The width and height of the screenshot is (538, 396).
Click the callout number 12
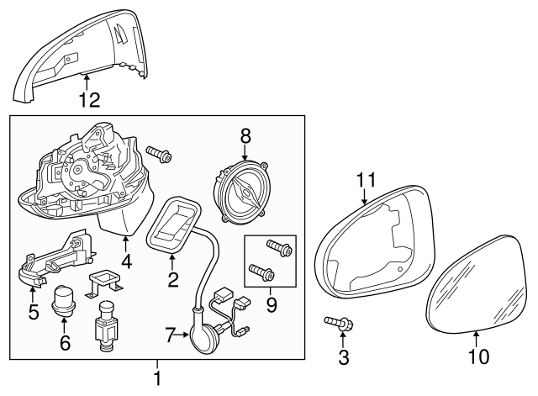tap(88, 100)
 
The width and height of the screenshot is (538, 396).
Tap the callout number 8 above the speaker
tap(245, 135)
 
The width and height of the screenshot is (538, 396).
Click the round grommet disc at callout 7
tap(203, 336)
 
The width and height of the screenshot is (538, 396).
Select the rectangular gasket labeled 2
tap(175, 224)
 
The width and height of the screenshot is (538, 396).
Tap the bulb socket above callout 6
tap(65, 300)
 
